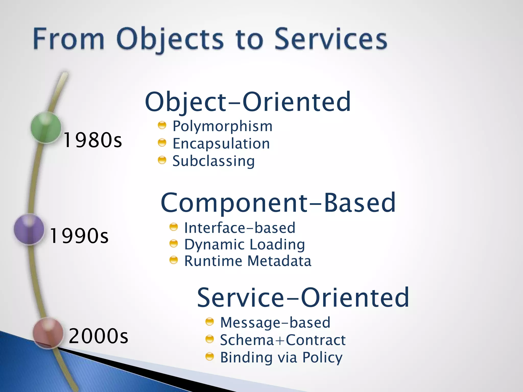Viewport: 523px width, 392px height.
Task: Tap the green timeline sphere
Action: (46, 127)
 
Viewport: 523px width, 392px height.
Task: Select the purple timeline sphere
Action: (29, 229)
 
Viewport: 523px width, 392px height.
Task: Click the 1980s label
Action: (92, 140)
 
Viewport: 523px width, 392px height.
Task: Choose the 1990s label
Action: (79, 236)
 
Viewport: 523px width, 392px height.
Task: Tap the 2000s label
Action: (98, 336)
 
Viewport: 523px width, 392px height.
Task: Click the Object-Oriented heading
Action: (248, 102)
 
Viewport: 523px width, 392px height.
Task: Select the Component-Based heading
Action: (278, 203)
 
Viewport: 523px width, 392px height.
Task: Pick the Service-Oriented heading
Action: (303, 298)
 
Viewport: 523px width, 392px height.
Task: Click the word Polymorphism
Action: (222, 126)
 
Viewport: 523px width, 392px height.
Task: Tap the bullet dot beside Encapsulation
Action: (162, 143)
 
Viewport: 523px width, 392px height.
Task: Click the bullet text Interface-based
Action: (240, 228)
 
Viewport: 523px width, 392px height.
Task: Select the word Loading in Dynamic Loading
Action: (277, 244)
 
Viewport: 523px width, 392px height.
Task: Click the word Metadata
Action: (279, 261)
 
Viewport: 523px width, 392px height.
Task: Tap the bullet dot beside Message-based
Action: (209, 322)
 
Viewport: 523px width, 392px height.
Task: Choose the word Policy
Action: (322, 358)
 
